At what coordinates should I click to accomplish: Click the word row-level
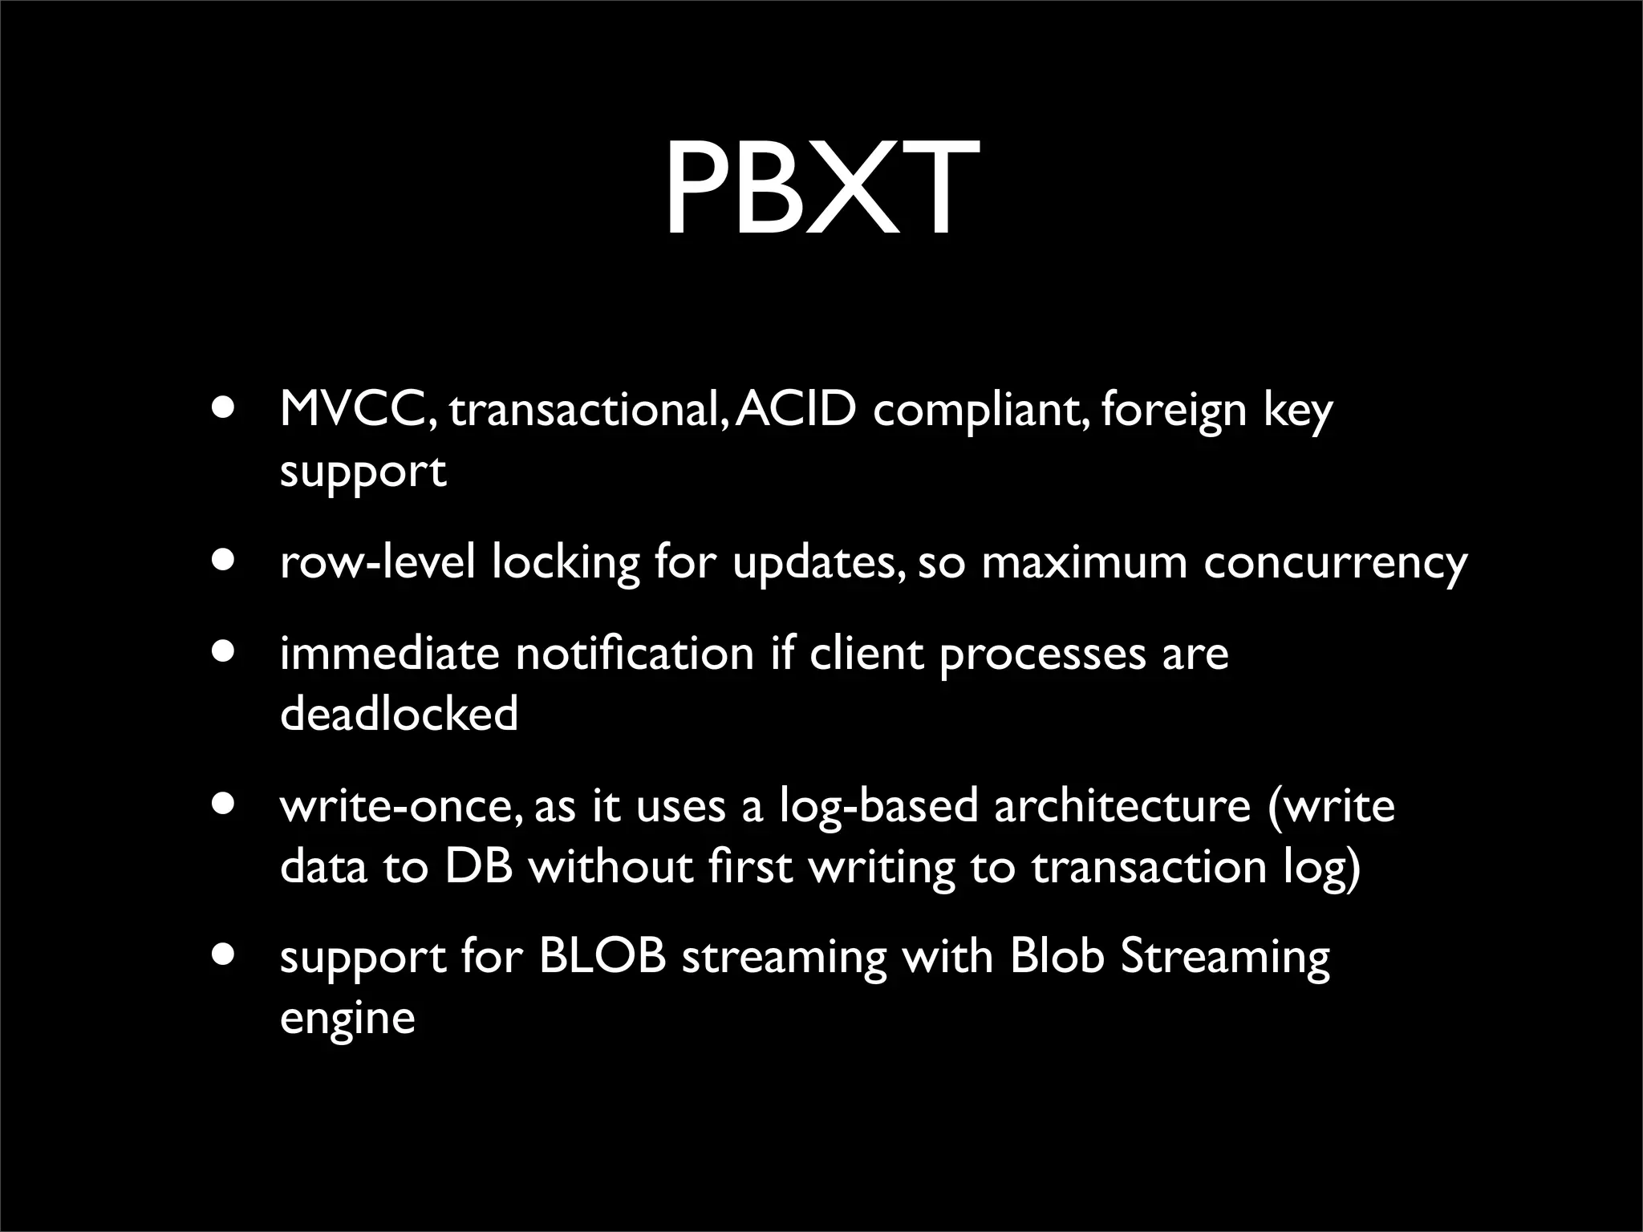(378, 562)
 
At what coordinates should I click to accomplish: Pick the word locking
(566, 562)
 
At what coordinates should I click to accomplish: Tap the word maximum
(1084, 562)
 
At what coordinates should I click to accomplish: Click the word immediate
(389, 653)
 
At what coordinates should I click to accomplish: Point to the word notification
(635, 653)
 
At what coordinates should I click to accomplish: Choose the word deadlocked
(399, 713)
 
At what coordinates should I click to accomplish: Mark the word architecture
(1122, 805)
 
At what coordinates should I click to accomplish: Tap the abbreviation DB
(478, 866)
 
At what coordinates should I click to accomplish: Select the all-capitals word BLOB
(602, 957)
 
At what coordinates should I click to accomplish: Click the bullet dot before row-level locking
(225, 560)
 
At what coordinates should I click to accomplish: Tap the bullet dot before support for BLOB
(225, 954)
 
